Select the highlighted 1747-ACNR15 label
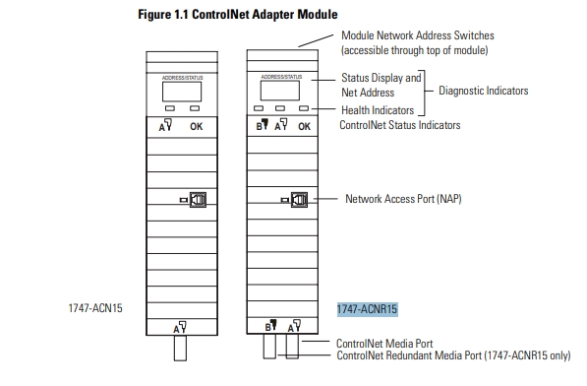tap(367, 308)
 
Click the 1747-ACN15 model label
tap(90, 308)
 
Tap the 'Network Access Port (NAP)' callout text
tap(402, 198)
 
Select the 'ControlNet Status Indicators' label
tap(399, 125)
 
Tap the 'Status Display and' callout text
tap(381, 78)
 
